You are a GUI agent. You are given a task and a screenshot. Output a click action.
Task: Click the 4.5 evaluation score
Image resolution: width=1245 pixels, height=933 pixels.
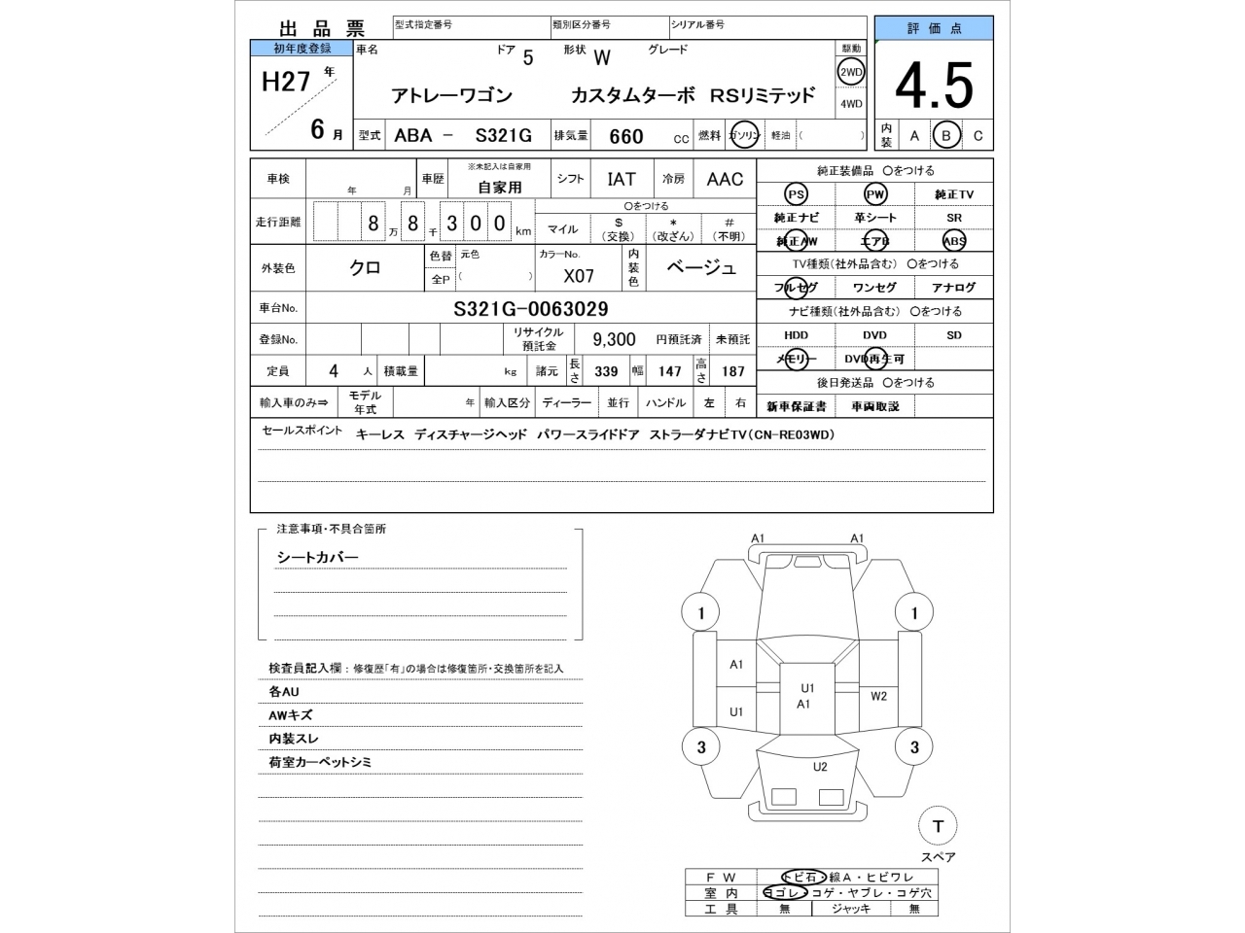[x=933, y=86]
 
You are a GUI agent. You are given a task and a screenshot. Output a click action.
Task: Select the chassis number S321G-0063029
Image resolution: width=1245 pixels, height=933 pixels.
[x=531, y=309]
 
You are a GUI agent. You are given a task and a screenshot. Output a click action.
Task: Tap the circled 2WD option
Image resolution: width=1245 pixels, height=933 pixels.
[x=851, y=72]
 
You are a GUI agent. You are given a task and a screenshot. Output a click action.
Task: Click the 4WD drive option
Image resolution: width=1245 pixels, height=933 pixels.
[x=851, y=104]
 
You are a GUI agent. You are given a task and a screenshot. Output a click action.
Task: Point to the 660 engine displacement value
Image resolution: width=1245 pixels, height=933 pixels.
[x=625, y=136]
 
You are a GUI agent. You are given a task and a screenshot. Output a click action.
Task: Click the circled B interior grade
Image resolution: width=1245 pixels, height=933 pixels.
[x=945, y=136]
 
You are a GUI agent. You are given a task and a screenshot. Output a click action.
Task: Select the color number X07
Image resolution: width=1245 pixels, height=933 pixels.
[x=579, y=276]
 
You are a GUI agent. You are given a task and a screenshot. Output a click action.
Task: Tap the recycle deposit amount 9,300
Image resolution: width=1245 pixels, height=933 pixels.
[x=614, y=339]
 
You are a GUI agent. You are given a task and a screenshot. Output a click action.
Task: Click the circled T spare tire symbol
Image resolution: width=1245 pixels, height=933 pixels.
[x=938, y=826]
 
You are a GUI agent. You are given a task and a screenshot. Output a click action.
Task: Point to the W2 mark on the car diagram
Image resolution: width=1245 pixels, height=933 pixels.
[x=878, y=696]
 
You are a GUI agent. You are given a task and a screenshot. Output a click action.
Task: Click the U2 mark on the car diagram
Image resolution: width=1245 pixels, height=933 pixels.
[x=820, y=767]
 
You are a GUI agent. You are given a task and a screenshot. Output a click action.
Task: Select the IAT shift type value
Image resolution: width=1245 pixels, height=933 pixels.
[x=622, y=179]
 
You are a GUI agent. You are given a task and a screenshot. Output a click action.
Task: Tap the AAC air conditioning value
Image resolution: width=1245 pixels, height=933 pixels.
[x=725, y=179]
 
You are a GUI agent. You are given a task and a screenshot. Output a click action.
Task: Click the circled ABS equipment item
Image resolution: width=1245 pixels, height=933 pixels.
[x=953, y=241]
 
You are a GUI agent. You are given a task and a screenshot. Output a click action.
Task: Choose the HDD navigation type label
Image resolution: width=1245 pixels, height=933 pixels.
[x=796, y=335]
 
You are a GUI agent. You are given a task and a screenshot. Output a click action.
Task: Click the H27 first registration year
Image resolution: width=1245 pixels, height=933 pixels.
[x=285, y=82]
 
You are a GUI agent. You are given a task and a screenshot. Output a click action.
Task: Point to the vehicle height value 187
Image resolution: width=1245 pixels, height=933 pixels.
[x=732, y=371]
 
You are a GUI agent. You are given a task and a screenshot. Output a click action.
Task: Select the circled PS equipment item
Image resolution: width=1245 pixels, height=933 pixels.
[x=796, y=194]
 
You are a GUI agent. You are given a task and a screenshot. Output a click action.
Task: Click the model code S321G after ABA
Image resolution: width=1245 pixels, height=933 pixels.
[x=503, y=136]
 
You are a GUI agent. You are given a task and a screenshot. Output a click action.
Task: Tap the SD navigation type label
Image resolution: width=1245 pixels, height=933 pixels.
[x=953, y=335]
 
